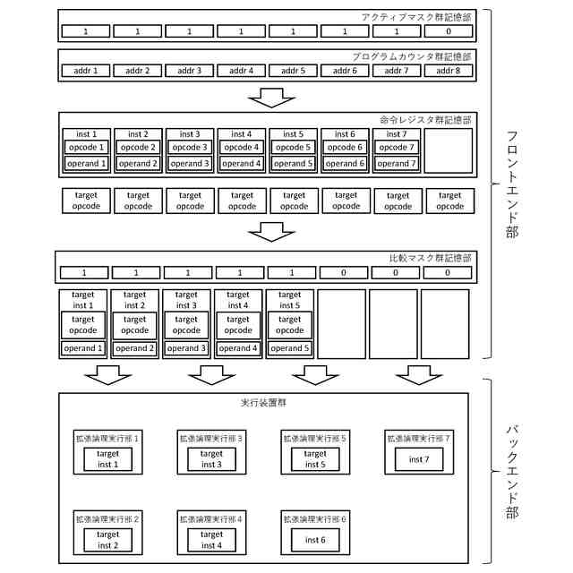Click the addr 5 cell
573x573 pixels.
point(294,70)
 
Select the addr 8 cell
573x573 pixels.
point(449,70)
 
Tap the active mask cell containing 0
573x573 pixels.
point(449,31)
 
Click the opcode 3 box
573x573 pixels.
point(189,148)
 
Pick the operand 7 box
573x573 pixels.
point(395,164)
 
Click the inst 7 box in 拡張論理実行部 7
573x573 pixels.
point(418,459)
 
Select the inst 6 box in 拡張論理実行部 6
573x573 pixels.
point(314,540)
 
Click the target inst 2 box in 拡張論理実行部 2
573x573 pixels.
point(107,540)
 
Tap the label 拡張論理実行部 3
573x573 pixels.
point(212,439)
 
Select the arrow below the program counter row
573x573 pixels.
point(271,96)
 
